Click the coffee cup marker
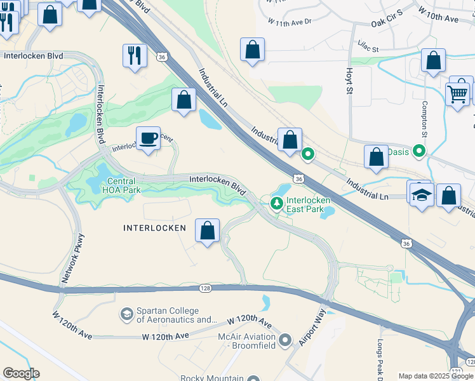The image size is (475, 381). (149, 138)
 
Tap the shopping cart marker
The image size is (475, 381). (457, 95)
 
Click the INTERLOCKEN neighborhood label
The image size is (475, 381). (154, 227)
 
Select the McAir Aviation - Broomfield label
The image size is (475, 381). (246, 340)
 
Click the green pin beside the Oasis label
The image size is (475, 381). (419, 152)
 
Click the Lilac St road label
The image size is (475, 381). (366, 48)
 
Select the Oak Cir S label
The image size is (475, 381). (387, 23)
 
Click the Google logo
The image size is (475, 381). (21, 373)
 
